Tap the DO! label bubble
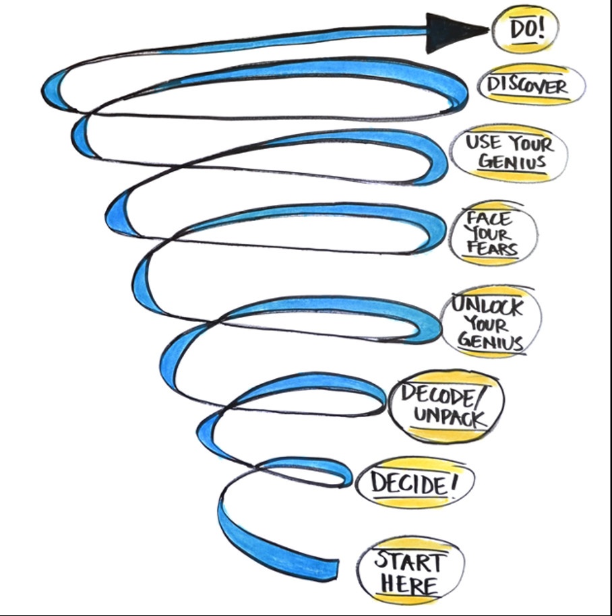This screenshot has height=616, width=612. tap(524, 30)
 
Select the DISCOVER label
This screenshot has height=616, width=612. tap(528, 86)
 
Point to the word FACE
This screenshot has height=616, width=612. tap(490, 219)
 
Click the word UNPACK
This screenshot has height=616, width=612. tap(448, 417)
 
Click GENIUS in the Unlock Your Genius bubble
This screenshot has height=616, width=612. tap(490, 342)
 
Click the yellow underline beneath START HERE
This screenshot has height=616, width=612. tap(408, 598)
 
